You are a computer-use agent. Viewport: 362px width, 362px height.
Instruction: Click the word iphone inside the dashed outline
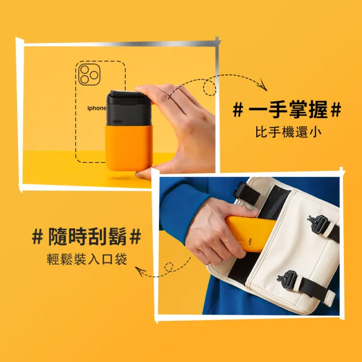96,108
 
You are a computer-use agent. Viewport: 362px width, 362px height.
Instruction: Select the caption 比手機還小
287,134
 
